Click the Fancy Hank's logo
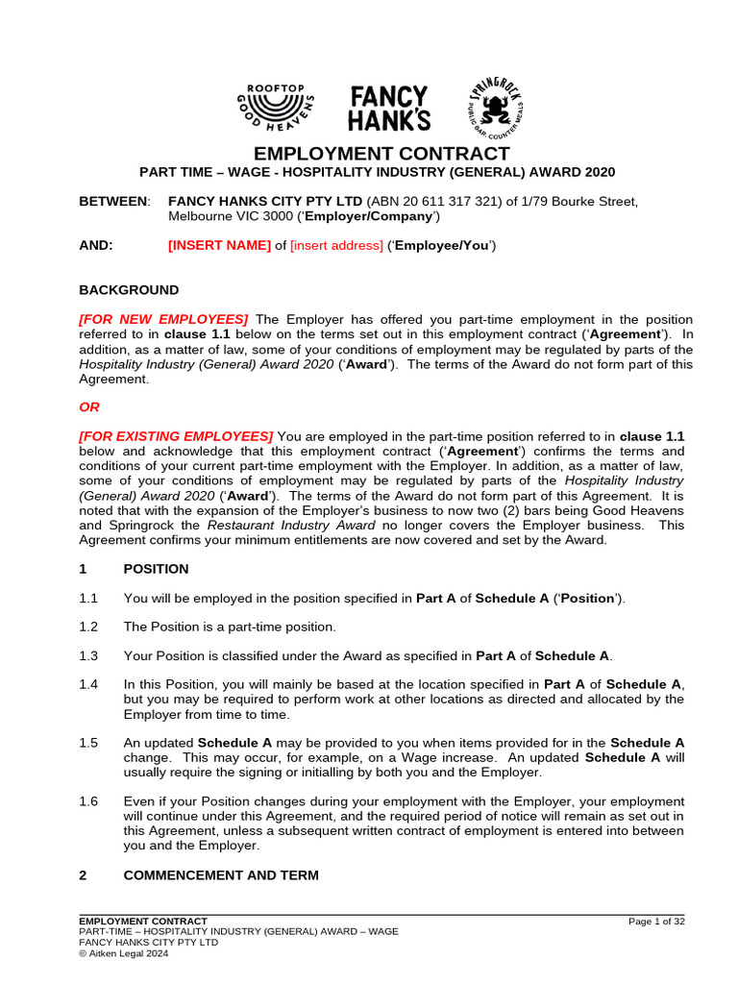click(x=389, y=109)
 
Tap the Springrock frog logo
click(x=500, y=109)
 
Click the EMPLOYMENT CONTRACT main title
click(x=381, y=154)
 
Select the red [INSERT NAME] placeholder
click(x=219, y=245)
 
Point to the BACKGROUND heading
click(x=128, y=289)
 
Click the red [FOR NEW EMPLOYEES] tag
click(x=163, y=319)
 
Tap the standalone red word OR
click(x=88, y=406)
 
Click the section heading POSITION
click(x=156, y=569)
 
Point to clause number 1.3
click(x=88, y=656)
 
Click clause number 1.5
click(x=88, y=743)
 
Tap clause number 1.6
click(x=88, y=801)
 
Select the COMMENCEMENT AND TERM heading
click(x=221, y=875)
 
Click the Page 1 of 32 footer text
click(x=655, y=922)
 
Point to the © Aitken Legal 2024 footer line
click(x=124, y=953)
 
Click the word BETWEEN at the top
click(x=113, y=201)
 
